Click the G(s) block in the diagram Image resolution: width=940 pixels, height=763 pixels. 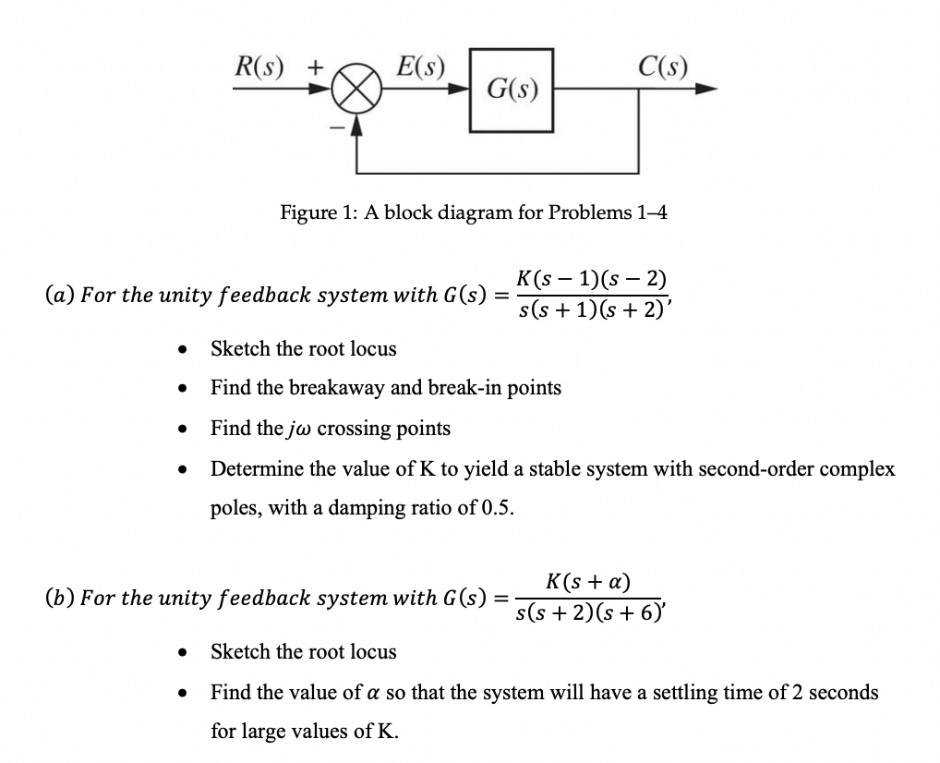[512, 90]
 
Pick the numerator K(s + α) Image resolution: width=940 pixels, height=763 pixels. [588, 581]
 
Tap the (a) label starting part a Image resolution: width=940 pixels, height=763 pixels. [60, 296]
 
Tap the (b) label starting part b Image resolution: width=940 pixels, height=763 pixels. [60, 598]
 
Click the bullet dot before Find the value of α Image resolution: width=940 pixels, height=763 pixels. [187, 693]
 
